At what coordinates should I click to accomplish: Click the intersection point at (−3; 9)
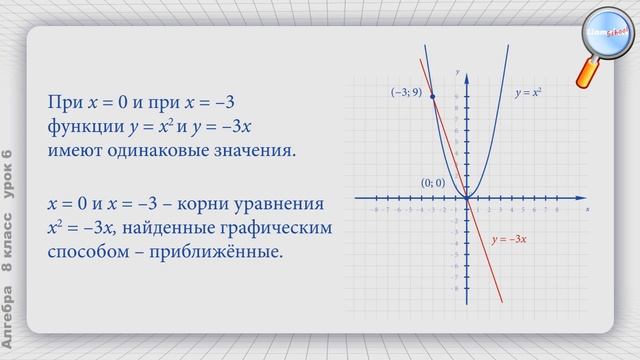pos(432,97)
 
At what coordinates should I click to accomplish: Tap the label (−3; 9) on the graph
pos(406,92)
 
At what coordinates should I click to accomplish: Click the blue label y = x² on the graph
pos(528,92)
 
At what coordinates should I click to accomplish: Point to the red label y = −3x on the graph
pos(509,240)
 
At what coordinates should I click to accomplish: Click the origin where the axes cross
pos(468,199)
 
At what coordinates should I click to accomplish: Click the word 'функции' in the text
pos(83,128)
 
